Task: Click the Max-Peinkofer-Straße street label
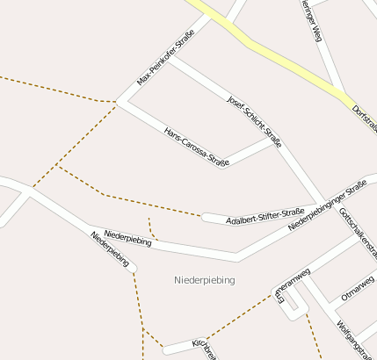coord(165,58)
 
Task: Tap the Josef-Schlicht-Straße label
coord(254,121)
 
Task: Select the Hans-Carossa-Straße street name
coord(197,147)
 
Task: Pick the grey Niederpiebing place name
coord(205,280)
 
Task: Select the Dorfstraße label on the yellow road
coord(365,118)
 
